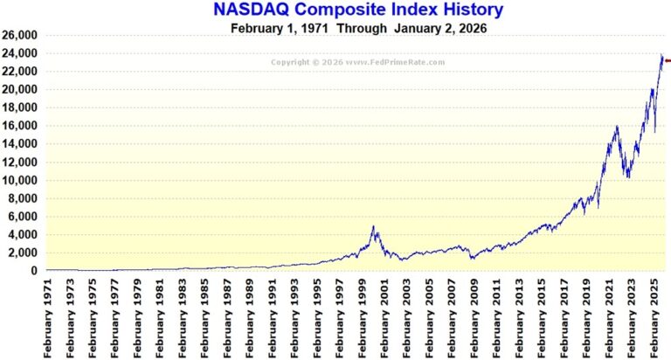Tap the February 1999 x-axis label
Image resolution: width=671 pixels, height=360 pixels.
(x=363, y=319)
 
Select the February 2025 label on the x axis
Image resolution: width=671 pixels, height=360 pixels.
(x=654, y=319)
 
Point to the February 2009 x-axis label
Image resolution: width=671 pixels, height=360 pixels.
(x=475, y=319)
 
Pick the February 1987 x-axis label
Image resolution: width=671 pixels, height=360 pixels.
(x=228, y=319)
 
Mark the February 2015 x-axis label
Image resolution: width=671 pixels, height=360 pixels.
(x=543, y=319)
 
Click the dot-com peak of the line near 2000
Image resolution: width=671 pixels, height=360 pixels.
(x=374, y=227)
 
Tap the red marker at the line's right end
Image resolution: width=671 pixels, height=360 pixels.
(x=668, y=60)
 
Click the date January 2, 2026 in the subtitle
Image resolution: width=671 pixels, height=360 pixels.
(x=439, y=28)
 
